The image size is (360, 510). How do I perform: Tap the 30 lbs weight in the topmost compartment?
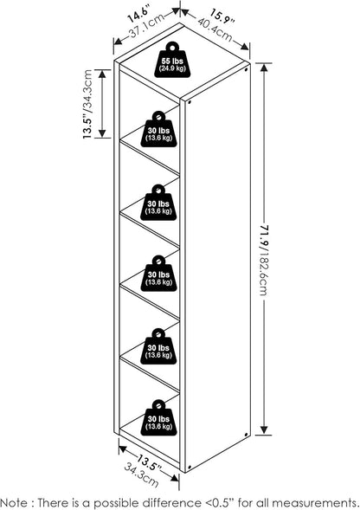[158, 130]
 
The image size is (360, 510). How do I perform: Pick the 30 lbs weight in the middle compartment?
[158, 274]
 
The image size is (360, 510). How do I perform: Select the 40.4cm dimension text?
[215, 29]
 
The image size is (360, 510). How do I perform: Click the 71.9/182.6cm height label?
[264, 260]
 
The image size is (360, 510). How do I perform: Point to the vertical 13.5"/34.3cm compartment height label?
[87, 105]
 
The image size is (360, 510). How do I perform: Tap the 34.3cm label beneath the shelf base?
[142, 474]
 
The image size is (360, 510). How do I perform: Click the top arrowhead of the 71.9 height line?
[264, 68]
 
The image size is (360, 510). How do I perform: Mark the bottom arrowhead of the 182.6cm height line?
[264, 430]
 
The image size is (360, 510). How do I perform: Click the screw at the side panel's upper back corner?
[246, 69]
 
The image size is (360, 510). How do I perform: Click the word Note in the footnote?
[14, 502]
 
